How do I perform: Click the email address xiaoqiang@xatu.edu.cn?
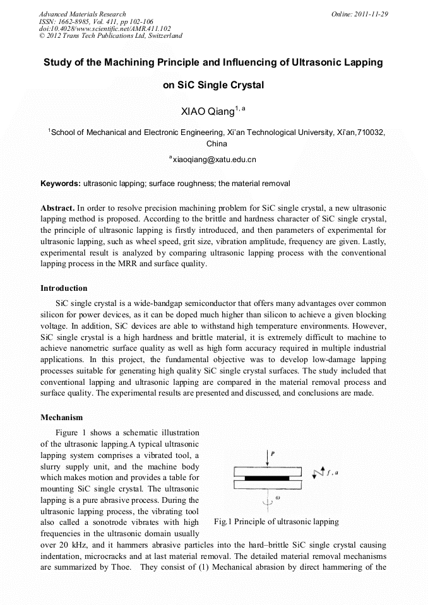tap(214, 160)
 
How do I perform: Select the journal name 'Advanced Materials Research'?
tap(82, 14)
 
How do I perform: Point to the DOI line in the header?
tap(105, 28)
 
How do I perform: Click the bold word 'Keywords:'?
tap(61, 184)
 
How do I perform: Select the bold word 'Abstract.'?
tap(57, 208)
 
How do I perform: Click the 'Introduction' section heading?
tap(64, 288)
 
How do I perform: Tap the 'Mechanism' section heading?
tap(62, 418)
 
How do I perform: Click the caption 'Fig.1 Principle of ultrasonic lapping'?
tap(276, 522)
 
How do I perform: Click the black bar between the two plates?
tap(271, 478)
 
